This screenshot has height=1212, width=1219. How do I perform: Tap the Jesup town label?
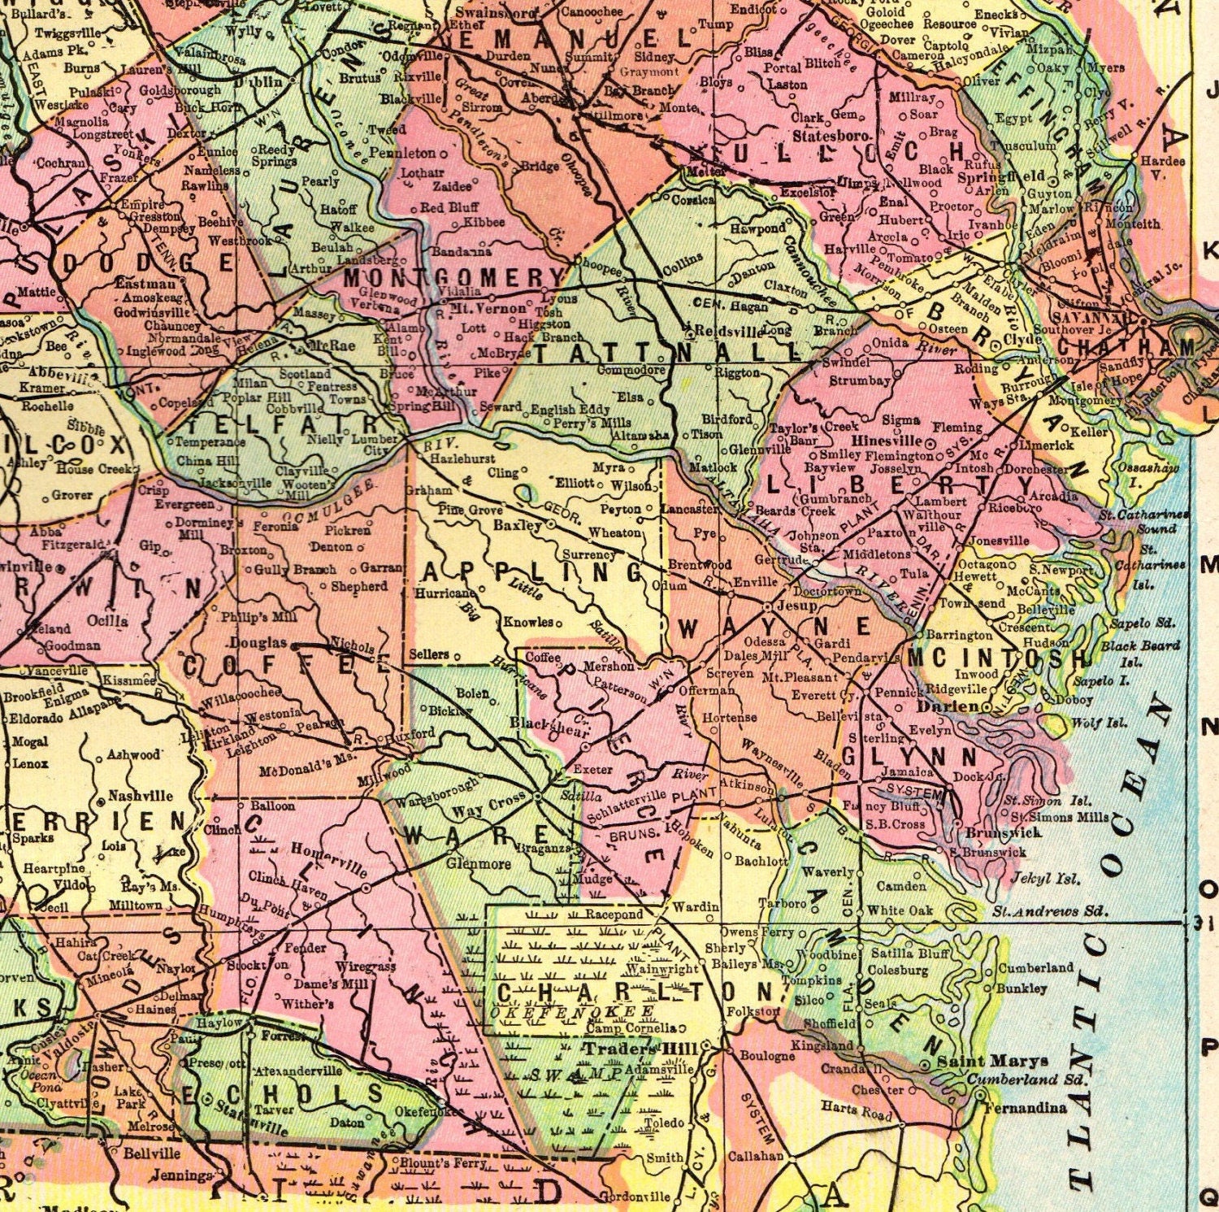click(x=796, y=606)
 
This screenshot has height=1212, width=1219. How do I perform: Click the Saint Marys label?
click(x=992, y=1061)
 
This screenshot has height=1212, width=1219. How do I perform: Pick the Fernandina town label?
click(x=1026, y=1107)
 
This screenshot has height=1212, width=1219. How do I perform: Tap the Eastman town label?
click(x=145, y=284)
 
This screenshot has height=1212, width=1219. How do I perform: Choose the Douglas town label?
click(x=258, y=642)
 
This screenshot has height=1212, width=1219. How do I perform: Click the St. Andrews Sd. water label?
click(x=1050, y=910)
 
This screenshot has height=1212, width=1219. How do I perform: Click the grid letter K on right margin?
click(x=1210, y=252)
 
